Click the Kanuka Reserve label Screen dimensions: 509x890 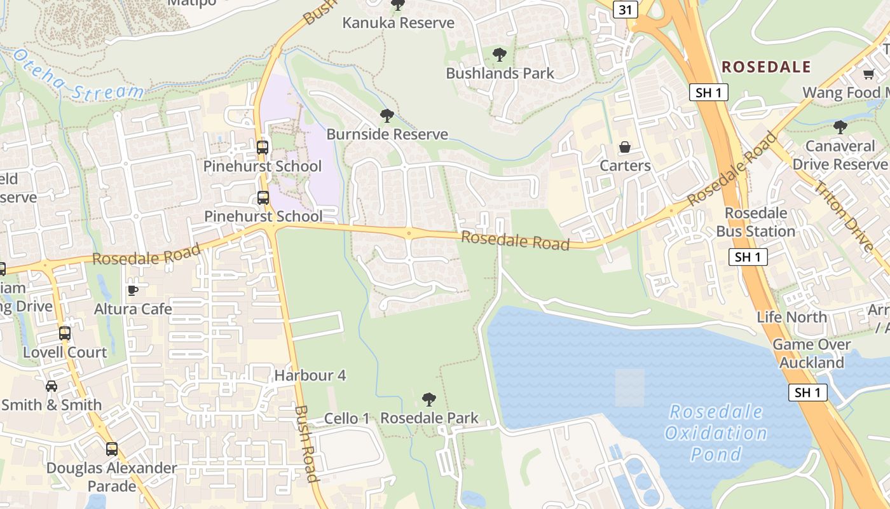[398, 23]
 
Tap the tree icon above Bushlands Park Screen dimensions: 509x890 [500, 55]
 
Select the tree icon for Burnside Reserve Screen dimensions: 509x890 [387, 116]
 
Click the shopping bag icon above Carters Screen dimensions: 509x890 [625, 147]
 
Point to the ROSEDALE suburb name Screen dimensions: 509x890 [766, 67]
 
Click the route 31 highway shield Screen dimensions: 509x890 [626, 9]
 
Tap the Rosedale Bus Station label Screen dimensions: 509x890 [756, 222]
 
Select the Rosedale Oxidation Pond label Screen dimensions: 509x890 [716, 433]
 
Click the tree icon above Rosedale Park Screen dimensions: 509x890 [429, 400]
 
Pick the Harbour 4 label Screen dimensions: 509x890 [310, 375]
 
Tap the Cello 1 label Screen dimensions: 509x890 [346, 418]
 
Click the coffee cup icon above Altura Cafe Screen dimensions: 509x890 [133, 290]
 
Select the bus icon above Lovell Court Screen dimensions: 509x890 [65, 333]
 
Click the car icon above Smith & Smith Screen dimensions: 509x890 [51, 386]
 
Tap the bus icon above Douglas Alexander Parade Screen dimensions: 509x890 [112, 449]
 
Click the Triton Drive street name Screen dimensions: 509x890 [844, 215]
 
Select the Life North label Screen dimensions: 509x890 [791, 317]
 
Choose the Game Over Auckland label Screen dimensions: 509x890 [811, 354]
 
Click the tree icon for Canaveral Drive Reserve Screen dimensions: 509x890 [840, 127]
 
